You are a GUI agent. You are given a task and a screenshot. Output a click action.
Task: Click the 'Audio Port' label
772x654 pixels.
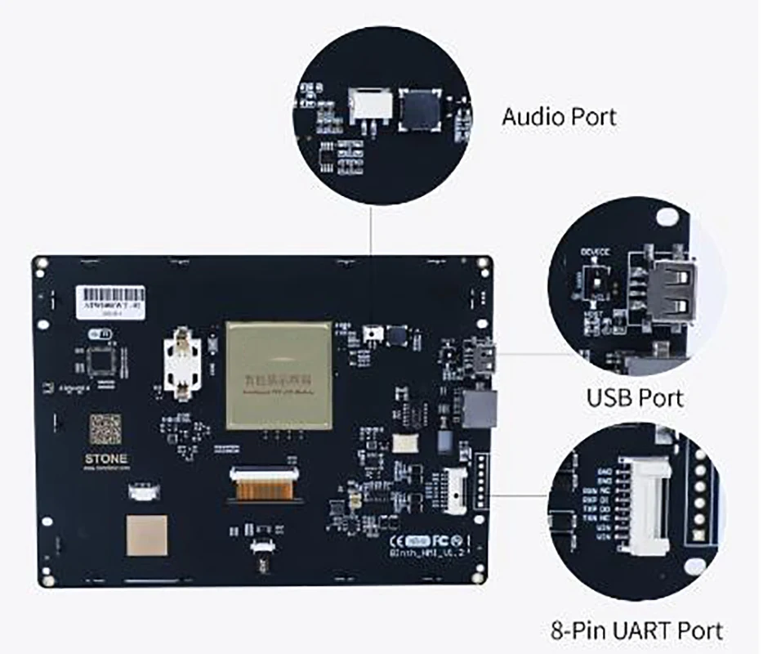[x=559, y=116]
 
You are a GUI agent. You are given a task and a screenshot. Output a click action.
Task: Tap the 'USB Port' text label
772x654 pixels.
[x=635, y=398]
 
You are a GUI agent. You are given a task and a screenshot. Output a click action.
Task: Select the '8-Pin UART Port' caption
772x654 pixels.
[x=637, y=630]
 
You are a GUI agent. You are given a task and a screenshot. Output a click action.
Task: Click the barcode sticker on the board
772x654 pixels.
[x=110, y=298]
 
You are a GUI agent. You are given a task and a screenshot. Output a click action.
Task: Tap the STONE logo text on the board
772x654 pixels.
[x=106, y=459]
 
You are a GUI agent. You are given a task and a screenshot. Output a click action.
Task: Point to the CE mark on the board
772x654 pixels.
[x=395, y=540]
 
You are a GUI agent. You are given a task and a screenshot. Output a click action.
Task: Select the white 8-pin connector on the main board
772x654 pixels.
[x=455, y=489]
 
